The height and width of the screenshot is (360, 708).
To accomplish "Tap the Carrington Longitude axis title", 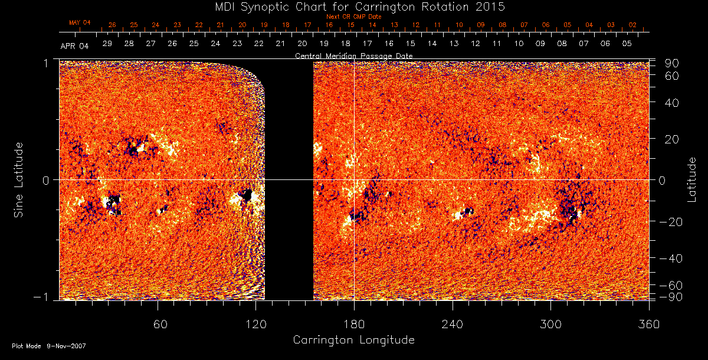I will (353, 340).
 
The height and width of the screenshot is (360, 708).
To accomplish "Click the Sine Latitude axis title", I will (19, 179).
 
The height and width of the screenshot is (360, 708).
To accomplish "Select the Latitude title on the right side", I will (692, 179).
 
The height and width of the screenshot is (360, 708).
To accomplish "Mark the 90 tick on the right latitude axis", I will (673, 63).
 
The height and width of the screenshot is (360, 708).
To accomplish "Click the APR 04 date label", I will (74, 45).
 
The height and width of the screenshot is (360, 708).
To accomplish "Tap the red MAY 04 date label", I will (80, 22).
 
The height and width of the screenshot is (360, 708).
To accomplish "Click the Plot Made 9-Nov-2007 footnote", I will (49, 346).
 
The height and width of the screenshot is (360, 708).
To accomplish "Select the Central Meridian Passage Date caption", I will (353, 55).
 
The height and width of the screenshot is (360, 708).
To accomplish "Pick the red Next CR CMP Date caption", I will (353, 17).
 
